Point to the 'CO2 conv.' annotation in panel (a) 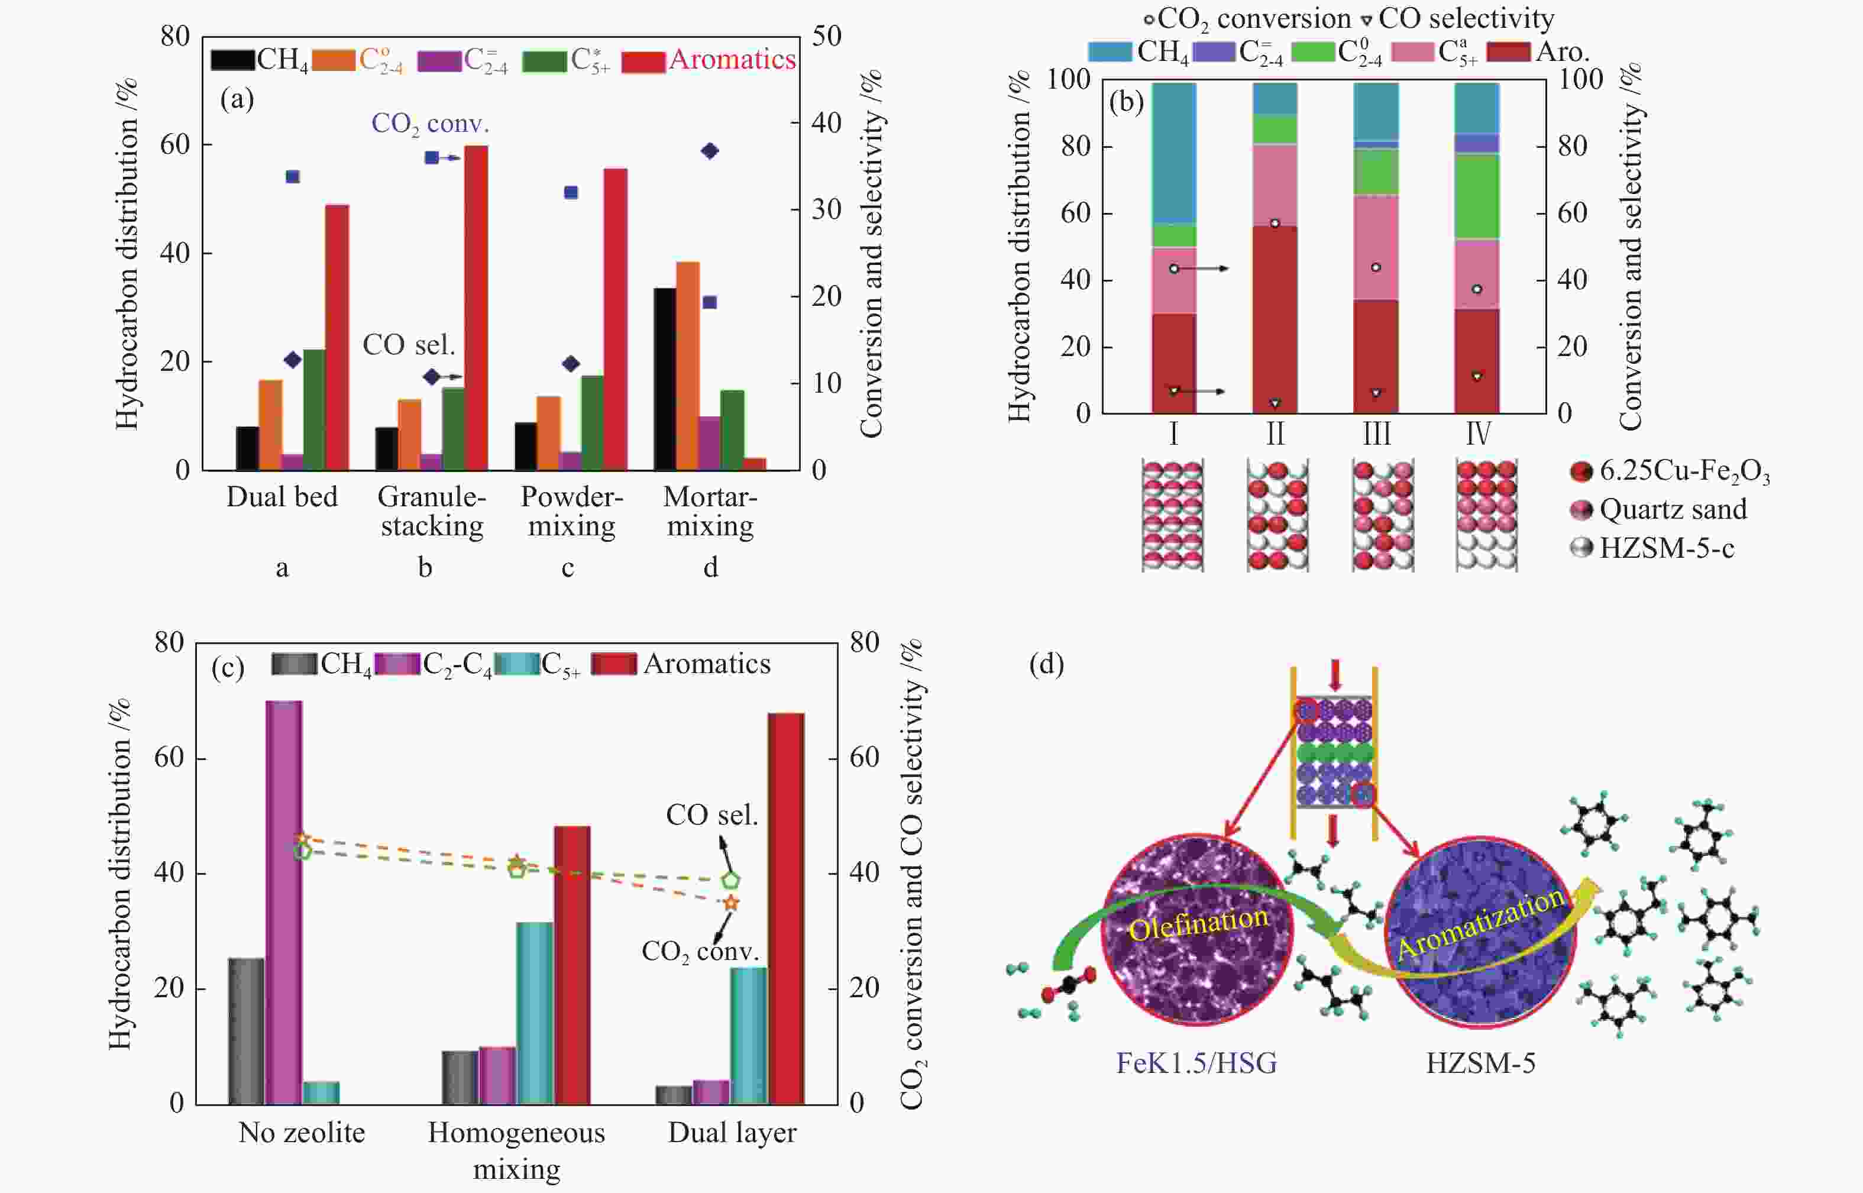coord(430,123)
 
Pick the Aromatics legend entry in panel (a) coord(732,60)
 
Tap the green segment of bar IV coord(1476,196)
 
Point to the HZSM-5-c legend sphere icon coord(1580,548)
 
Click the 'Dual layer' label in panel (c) coord(732,1133)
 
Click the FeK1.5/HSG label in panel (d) coord(1196,1063)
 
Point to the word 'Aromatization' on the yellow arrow coord(1480,923)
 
